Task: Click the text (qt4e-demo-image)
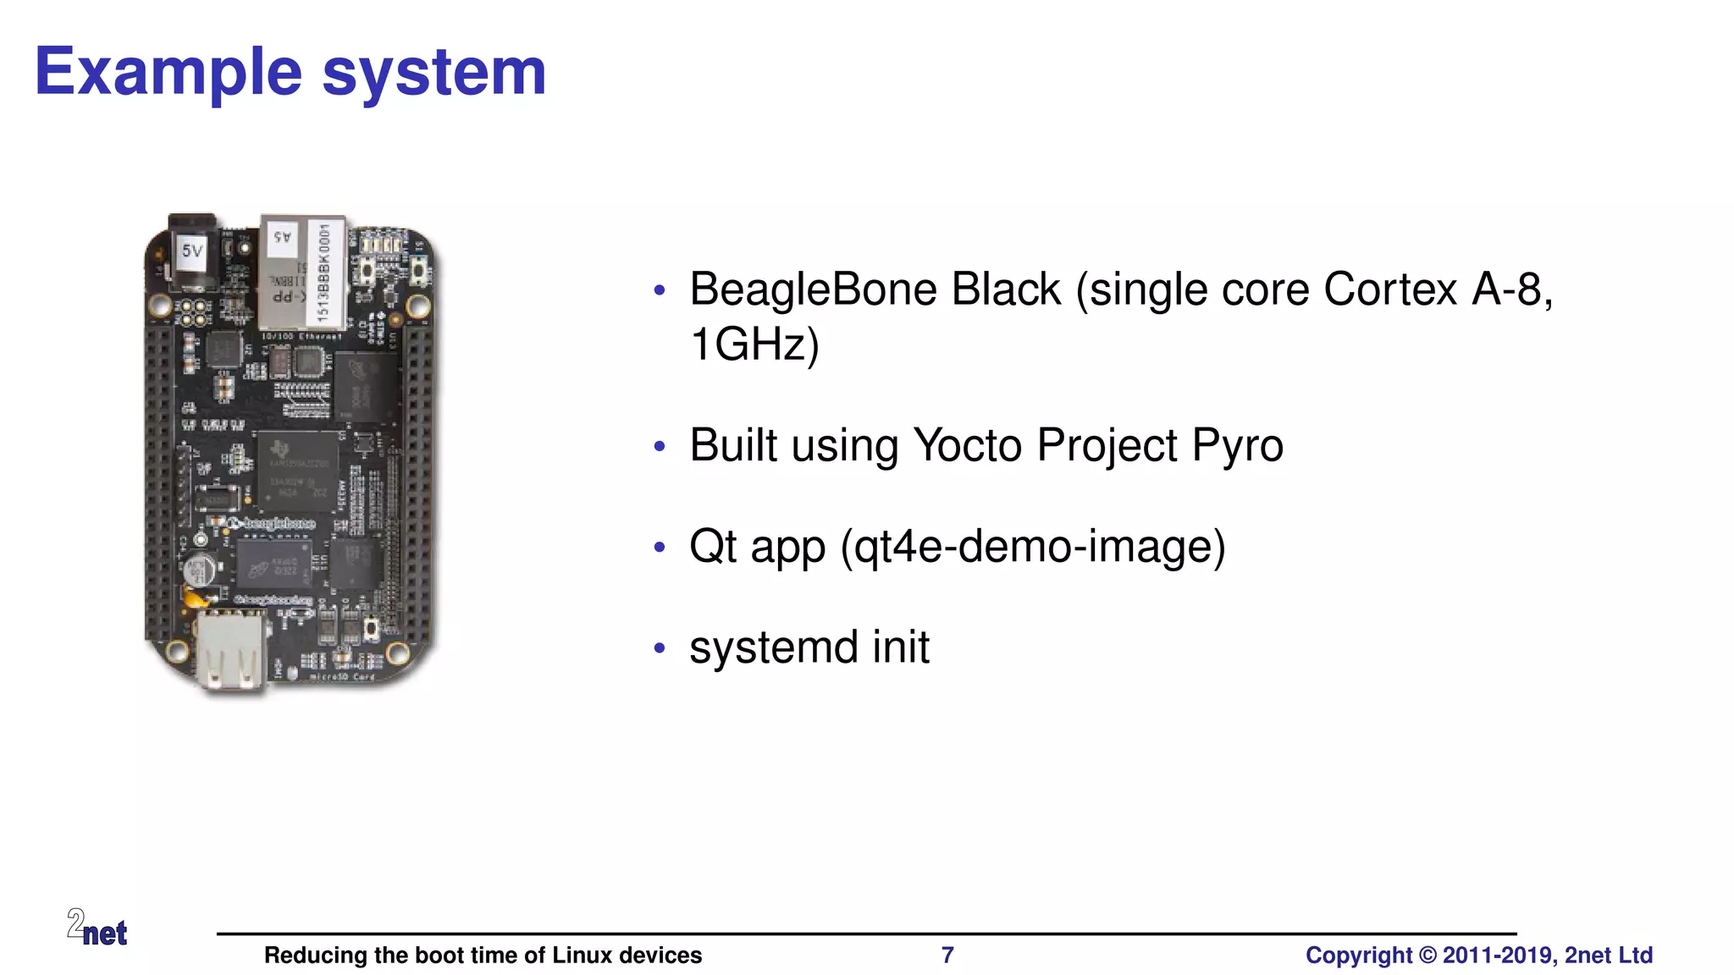point(1032,547)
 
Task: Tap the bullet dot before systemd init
point(660,649)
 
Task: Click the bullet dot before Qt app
point(660,548)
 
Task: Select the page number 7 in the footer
point(947,956)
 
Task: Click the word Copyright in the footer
point(1358,956)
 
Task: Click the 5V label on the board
point(193,251)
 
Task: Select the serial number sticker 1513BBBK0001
point(324,273)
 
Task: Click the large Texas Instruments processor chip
point(297,471)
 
